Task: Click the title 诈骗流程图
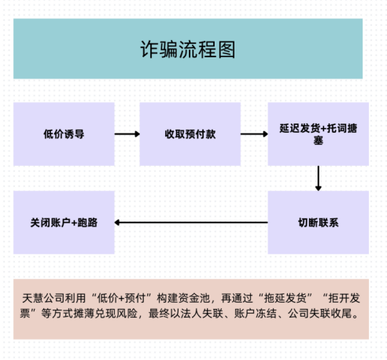[188, 50]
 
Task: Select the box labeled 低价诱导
[64, 134]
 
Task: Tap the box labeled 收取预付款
[190, 134]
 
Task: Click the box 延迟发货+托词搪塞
[319, 134]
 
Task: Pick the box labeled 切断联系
[319, 222]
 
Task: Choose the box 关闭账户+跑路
[64, 222]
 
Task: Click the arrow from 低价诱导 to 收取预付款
[127, 134]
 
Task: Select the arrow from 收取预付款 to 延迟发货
[254, 134]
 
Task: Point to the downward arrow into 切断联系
[319, 178]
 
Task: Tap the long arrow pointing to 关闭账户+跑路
[191, 222]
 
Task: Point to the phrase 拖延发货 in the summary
[286, 298]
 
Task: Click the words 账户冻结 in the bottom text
[256, 314]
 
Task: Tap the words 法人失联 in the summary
[202, 314]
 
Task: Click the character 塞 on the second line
[319, 141]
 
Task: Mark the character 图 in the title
[227, 50]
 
